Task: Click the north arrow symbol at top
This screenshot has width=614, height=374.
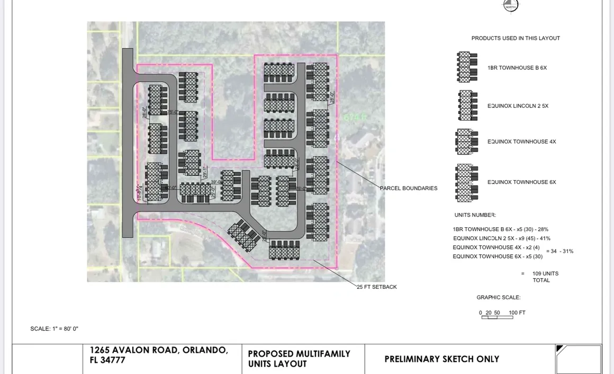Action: pos(510,5)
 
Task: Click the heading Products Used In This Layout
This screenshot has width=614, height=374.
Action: pos(516,38)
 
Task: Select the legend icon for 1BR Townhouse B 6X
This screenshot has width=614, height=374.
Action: pos(467,67)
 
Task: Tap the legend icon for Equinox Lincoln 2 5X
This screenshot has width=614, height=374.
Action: pos(467,105)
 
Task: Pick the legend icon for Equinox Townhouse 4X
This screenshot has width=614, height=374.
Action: pos(466,141)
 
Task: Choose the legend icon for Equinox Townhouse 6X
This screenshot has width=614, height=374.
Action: pos(466,182)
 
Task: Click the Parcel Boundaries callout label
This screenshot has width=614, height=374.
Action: pos(409,188)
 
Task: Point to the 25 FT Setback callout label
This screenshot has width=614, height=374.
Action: pos(377,287)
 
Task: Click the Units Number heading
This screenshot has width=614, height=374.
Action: pos(475,215)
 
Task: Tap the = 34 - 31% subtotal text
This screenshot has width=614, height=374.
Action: pos(559,251)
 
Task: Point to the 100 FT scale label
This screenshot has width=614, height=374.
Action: pos(517,313)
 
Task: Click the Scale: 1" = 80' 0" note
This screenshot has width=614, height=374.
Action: pos(55,329)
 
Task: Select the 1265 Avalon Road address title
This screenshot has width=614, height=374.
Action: pos(159,355)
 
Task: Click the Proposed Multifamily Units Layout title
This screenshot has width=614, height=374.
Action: pos(299,359)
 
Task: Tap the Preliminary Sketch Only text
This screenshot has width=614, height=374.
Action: pos(441,359)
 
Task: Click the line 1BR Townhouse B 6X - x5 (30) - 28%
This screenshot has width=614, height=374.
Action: pos(500,229)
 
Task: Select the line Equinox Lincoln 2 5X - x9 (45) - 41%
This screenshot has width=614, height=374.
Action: pos(501,238)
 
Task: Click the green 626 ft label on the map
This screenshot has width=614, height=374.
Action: pos(355,117)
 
